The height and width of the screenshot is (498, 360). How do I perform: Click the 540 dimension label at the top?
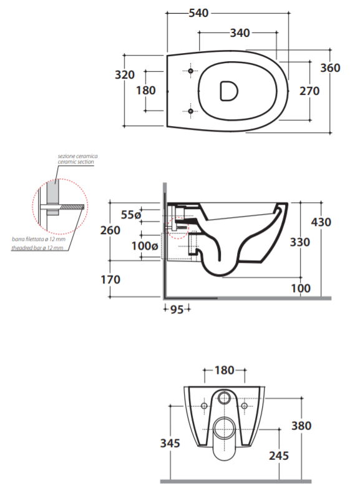[x=199, y=13]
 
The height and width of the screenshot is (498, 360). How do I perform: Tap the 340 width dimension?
[x=240, y=32]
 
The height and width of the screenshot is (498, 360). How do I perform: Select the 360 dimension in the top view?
[x=330, y=67]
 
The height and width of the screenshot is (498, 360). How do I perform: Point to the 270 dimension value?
[x=309, y=91]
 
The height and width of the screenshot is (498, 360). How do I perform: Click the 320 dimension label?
[x=125, y=75]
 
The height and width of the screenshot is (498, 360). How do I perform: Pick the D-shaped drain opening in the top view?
[x=228, y=91]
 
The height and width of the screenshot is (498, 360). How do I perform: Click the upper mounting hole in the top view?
[x=190, y=71]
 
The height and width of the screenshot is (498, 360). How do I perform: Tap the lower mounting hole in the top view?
[x=190, y=111]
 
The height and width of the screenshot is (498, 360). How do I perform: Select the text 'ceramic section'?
[x=76, y=162]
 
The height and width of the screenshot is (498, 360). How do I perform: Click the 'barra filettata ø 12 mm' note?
[x=39, y=239]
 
